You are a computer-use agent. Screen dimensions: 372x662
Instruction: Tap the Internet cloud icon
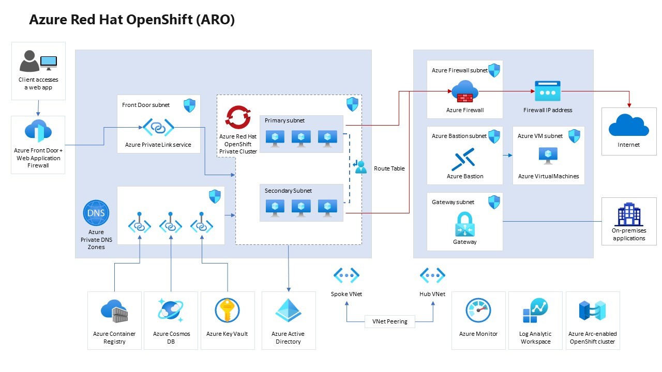(628, 126)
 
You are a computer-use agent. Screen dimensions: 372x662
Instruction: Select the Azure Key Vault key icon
(227, 311)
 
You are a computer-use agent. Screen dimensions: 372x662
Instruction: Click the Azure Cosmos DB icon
(171, 311)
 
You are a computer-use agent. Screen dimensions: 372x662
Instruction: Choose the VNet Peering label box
(389, 321)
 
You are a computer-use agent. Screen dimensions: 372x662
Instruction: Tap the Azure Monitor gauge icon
(478, 311)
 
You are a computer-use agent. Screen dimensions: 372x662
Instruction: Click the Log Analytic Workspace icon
(535, 311)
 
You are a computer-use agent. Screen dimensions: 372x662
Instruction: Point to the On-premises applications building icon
(628, 214)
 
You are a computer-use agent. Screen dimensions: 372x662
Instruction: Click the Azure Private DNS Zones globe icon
(96, 213)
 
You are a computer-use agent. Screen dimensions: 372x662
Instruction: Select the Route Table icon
(360, 167)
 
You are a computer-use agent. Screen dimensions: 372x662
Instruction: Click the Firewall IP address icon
(548, 91)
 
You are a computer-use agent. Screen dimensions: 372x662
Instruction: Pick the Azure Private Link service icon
(158, 127)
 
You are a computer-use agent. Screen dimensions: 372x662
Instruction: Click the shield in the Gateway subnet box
(494, 202)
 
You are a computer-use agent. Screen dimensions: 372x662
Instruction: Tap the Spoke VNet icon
(347, 275)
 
